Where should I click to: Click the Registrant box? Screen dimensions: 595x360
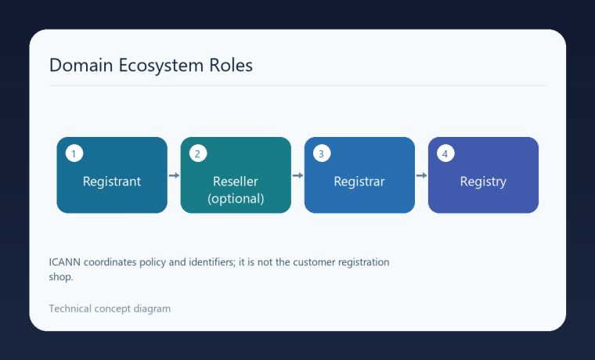pyautogui.click(x=112, y=175)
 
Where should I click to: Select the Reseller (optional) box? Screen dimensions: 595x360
pyautogui.click(x=236, y=175)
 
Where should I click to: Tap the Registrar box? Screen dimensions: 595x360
pyautogui.click(x=359, y=175)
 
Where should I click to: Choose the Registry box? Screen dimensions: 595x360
pyautogui.click(x=483, y=175)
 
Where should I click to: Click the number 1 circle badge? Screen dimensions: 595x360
pyautogui.click(x=74, y=153)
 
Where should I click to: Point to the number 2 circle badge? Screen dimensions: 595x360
pyautogui.click(x=198, y=153)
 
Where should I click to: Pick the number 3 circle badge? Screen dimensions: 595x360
pyautogui.click(x=322, y=153)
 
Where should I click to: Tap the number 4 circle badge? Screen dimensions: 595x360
pyautogui.click(x=445, y=153)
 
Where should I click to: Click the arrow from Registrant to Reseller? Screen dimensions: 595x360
pyautogui.click(x=174, y=175)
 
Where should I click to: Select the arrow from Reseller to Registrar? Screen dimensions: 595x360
pyautogui.click(x=297, y=175)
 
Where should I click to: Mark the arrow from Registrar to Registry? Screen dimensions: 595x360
pyautogui.click(x=421, y=175)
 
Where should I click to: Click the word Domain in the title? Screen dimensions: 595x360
pyautogui.click(x=81, y=65)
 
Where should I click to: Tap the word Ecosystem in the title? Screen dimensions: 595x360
pyautogui.click(x=161, y=66)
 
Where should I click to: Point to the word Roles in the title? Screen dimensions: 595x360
pyautogui.click(x=231, y=65)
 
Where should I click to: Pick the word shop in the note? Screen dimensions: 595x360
pyautogui.click(x=61, y=277)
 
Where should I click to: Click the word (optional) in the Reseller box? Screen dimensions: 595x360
pyautogui.click(x=236, y=199)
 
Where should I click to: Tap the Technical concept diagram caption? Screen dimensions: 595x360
pyautogui.click(x=110, y=309)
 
